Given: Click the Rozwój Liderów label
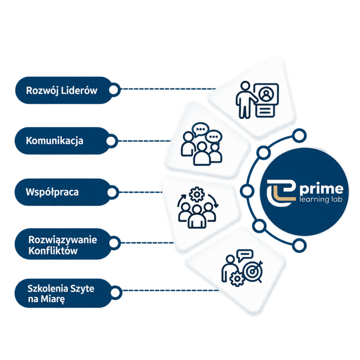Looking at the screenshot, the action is point(62,90).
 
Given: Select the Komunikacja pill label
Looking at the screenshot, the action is point(54,141).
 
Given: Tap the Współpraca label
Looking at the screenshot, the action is point(52,192).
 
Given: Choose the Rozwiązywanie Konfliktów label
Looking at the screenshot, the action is point(63,245).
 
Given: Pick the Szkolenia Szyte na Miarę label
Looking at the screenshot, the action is point(61,294).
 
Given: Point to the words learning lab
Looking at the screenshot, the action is point(321,199).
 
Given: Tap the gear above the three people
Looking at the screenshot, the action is point(197,194).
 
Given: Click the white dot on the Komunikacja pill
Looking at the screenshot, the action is point(111,141).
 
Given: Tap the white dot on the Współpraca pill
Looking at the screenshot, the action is point(112,192).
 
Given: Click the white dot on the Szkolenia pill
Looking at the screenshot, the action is point(115,292).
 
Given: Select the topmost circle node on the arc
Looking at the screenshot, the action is point(299,135).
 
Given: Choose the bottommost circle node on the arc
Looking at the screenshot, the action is point(299,245).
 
